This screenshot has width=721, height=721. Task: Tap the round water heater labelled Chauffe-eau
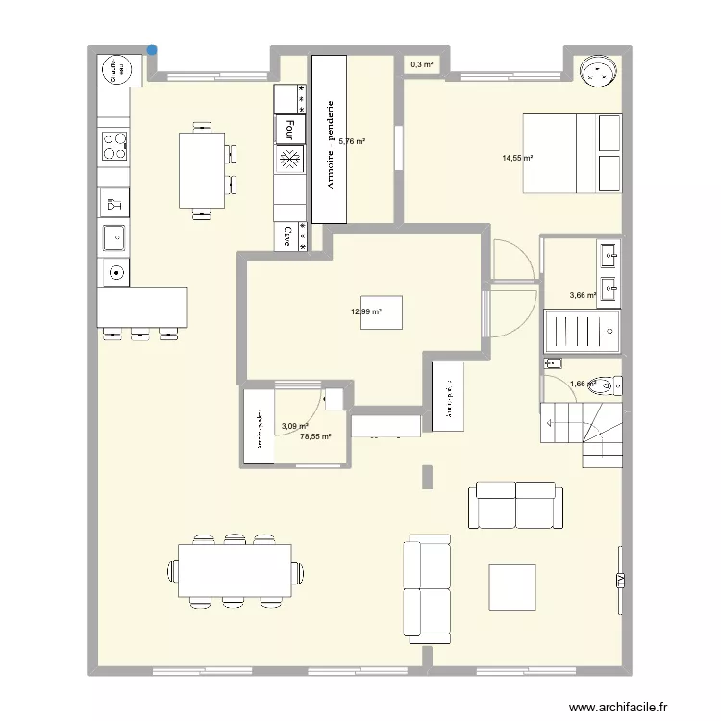pos(114,70)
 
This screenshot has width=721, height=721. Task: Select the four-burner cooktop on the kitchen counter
pos(114,146)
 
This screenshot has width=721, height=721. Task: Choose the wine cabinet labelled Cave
pos(288,236)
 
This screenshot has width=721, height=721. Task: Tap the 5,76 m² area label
pos(354,141)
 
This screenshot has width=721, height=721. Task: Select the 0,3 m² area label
pos(421,65)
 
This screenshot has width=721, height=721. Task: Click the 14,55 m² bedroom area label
pos(516,158)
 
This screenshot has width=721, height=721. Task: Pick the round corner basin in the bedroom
pos(598,70)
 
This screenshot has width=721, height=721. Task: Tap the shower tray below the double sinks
pos(581,332)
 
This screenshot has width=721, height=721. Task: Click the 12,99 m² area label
pos(366,311)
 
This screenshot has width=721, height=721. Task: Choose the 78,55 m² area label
pos(315,436)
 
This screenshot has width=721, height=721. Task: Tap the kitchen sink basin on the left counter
pos(113,234)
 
